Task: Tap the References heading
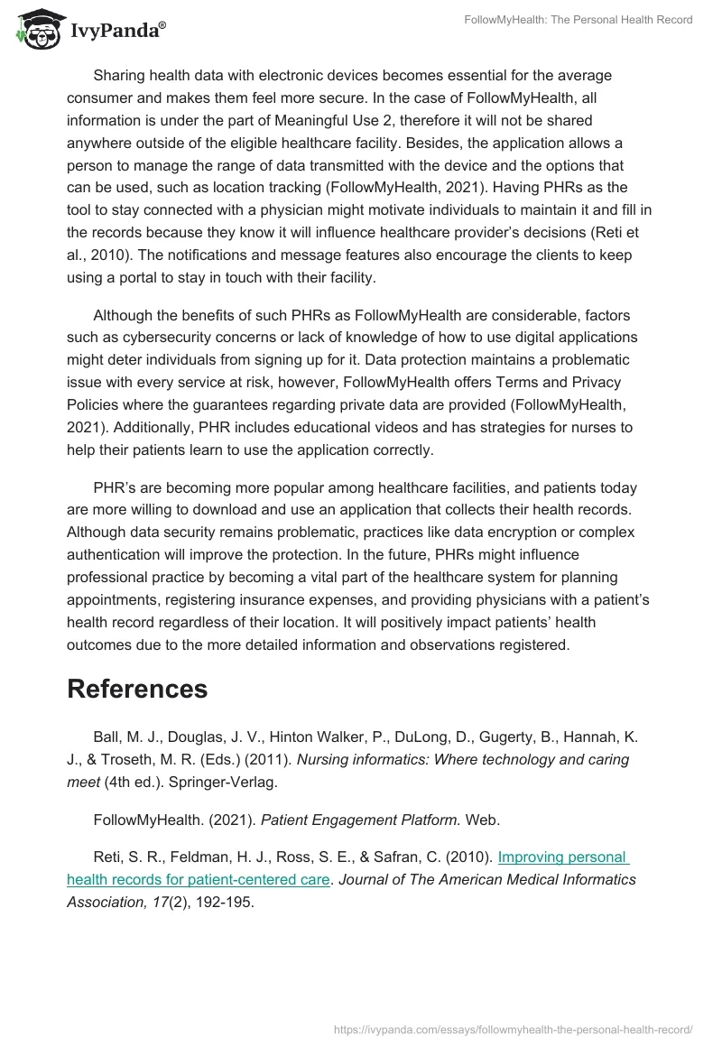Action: click(137, 689)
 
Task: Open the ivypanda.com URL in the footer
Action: click(513, 1028)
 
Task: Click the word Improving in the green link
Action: click(533, 857)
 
